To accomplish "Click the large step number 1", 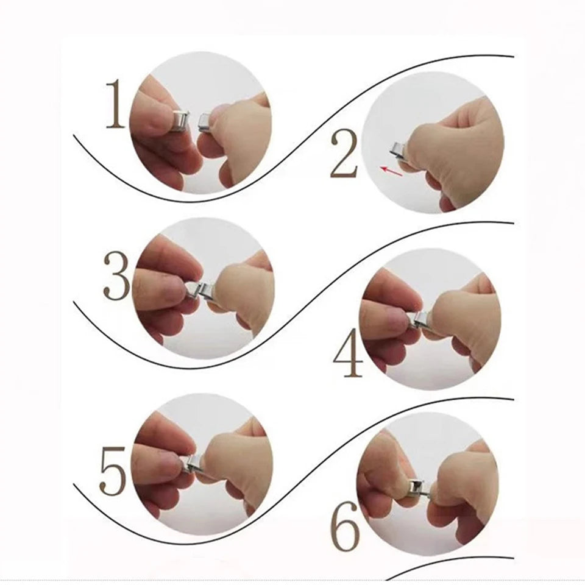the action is tap(115, 104).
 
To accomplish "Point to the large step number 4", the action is tap(348, 353).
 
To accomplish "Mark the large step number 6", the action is tap(345, 526).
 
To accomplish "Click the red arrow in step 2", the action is tap(392, 171).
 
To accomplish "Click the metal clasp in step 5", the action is tap(193, 465).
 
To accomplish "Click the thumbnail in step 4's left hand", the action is tap(399, 321).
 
